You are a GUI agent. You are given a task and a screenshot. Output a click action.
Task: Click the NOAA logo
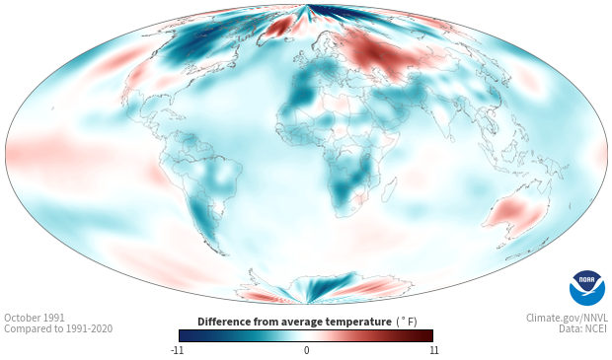(587, 288)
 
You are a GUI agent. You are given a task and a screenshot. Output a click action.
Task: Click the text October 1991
(35, 318)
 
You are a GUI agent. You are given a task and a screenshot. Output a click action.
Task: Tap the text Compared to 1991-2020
(58, 328)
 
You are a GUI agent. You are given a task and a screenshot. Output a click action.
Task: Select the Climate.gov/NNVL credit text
(567, 318)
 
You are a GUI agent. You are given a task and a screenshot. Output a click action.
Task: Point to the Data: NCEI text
(582, 328)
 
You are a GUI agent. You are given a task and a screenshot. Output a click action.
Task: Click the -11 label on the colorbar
(178, 350)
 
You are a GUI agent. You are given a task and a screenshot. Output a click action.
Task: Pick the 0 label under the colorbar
(306, 350)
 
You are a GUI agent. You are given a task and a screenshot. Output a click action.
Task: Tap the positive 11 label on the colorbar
(434, 350)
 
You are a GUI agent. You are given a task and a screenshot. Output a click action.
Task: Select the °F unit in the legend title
(407, 322)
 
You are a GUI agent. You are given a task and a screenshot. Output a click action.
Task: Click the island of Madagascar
(390, 189)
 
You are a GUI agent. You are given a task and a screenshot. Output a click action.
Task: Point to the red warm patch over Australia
(515, 213)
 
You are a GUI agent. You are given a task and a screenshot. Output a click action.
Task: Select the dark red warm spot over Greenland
(280, 28)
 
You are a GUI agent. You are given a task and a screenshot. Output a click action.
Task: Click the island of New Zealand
(525, 251)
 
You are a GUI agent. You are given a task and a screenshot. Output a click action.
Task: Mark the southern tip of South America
(223, 253)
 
